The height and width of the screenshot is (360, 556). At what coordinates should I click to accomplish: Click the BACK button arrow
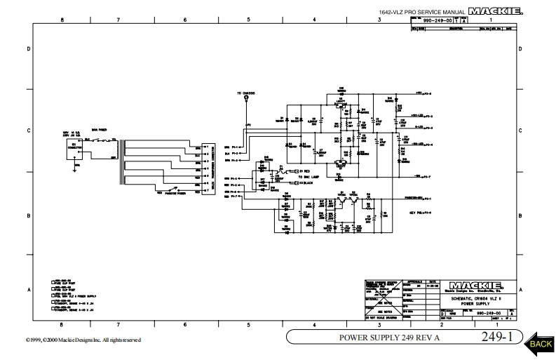(x=538, y=342)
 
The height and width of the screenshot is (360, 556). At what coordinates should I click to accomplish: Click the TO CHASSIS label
(x=245, y=93)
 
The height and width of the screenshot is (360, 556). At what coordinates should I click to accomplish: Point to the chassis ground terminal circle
(x=246, y=100)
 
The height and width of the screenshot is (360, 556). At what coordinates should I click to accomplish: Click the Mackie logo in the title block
(x=479, y=286)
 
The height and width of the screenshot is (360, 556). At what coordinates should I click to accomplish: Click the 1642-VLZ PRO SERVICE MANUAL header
(x=431, y=13)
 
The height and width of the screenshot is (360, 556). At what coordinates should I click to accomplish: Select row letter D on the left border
(x=28, y=49)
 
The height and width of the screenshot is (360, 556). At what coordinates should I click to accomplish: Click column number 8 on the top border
(x=62, y=20)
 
